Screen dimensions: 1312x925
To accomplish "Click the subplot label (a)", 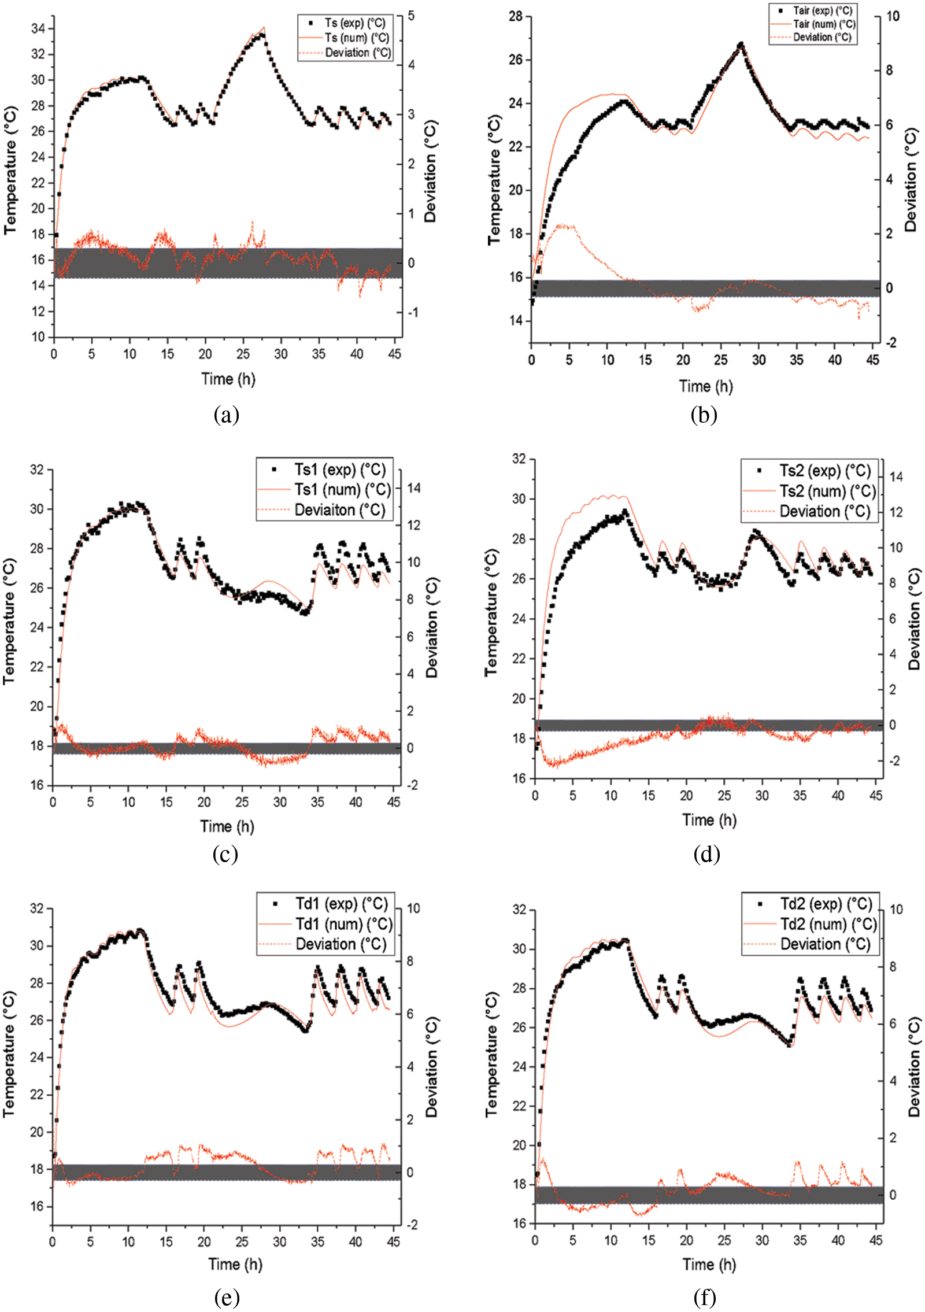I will click(x=226, y=415).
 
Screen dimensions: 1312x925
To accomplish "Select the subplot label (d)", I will click(x=706, y=853).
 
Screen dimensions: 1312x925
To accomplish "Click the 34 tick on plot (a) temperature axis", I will click(x=38, y=28).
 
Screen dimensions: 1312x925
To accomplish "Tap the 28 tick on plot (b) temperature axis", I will click(x=516, y=16).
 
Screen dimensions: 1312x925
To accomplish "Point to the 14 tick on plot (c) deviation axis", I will click(x=413, y=488).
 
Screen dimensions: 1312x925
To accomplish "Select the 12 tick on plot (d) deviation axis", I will click(x=896, y=512).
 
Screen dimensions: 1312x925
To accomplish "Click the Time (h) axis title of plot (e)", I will click(x=235, y=1264).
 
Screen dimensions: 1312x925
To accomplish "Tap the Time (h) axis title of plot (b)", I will click(x=705, y=386).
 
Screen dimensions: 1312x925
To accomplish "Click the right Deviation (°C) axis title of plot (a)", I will click(x=431, y=171).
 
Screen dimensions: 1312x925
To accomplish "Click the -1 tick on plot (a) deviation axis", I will click(x=412, y=313).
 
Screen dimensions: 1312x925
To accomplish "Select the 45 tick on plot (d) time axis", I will click(x=875, y=796).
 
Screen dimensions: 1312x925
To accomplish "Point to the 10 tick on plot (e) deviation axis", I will click(x=413, y=908).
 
